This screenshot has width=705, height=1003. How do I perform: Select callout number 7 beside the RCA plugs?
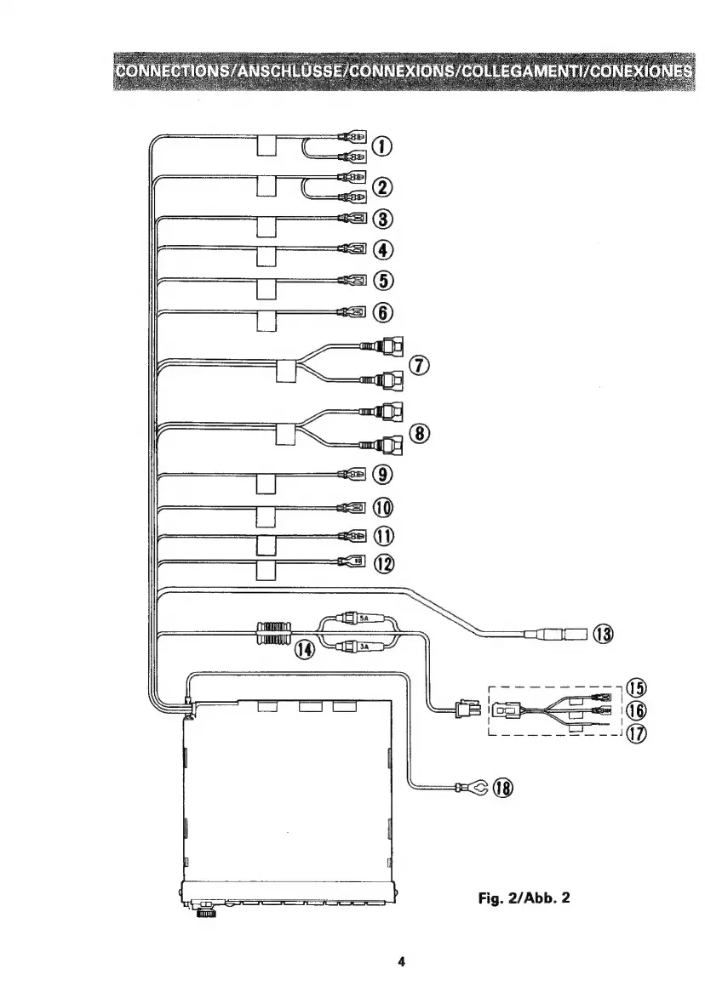click(x=419, y=365)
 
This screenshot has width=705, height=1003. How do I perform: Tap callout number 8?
click(x=419, y=433)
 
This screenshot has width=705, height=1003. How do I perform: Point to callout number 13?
click(x=603, y=634)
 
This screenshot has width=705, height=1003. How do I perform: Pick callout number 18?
click(x=504, y=788)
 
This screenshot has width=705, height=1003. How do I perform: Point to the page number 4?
click(x=400, y=962)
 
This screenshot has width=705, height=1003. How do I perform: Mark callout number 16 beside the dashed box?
click(x=636, y=710)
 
